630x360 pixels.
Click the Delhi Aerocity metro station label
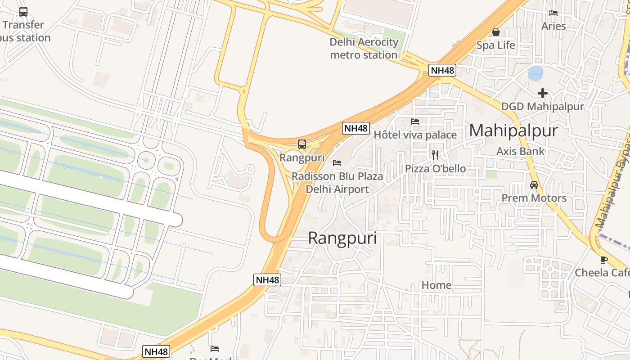click(364, 49)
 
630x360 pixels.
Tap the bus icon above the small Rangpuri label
click(302, 144)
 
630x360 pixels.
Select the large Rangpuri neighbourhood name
click(342, 238)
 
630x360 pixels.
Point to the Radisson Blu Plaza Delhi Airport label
click(337, 183)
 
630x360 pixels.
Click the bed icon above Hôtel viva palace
click(415, 121)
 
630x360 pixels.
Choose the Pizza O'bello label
click(435, 169)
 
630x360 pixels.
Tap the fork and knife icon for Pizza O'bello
click(435, 155)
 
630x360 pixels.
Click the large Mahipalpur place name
click(513, 130)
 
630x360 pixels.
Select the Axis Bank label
click(520, 151)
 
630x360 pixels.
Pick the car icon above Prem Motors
click(534, 185)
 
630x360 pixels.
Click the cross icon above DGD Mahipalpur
click(543, 93)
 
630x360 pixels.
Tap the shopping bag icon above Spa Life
click(496, 32)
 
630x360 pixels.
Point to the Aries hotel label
click(553, 26)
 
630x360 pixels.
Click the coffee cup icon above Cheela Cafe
click(603, 260)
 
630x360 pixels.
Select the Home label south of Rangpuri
click(436, 285)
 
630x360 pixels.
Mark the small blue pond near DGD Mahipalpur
click(535, 73)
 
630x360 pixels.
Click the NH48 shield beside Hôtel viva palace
click(356, 128)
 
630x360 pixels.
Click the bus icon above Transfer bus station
click(23, 12)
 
